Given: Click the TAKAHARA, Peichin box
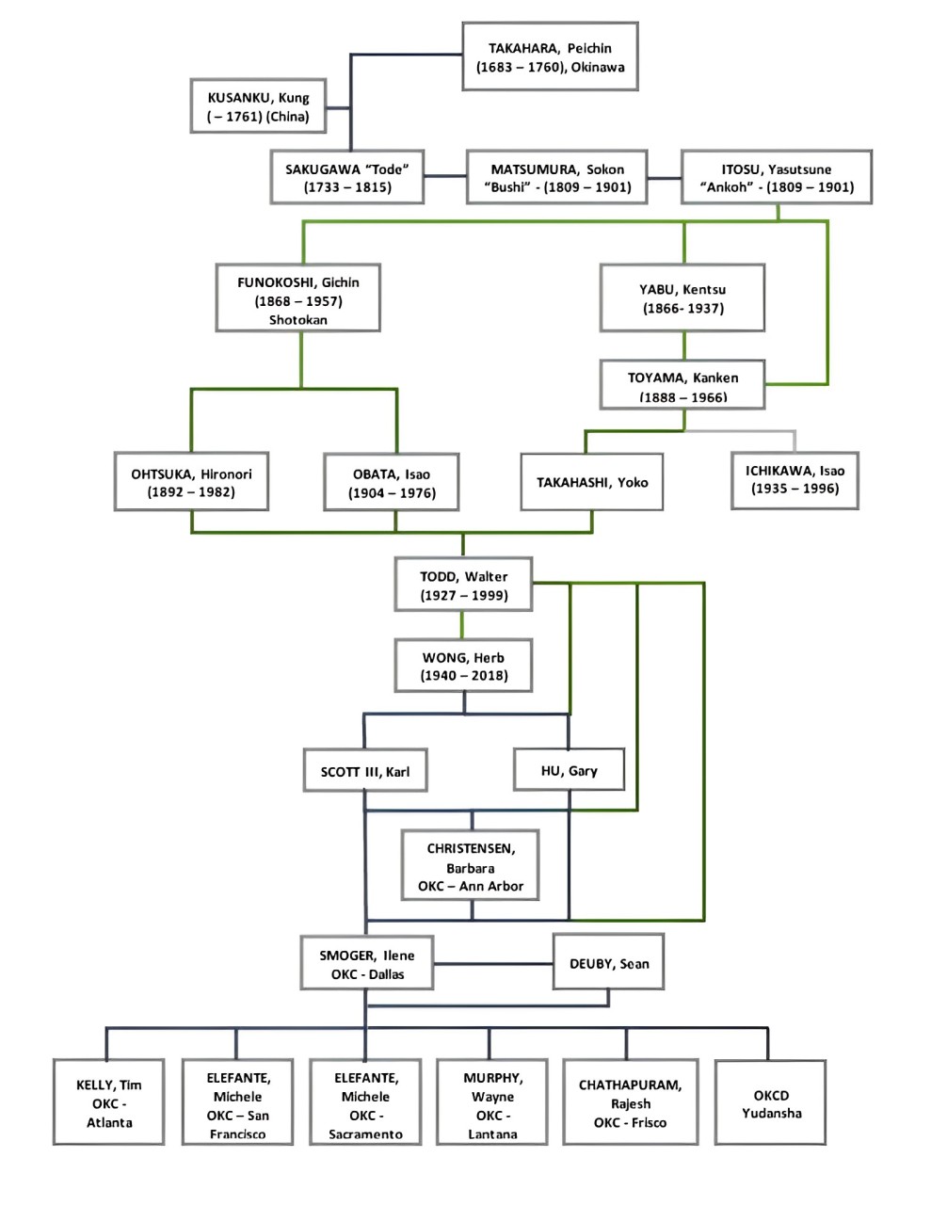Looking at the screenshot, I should (550, 57).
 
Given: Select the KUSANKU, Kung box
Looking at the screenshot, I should (258, 106).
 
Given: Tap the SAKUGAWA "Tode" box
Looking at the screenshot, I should (347, 177).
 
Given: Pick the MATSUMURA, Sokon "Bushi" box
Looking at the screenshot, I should (556, 177).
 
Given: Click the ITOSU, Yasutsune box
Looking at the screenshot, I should (777, 177).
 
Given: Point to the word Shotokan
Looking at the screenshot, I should (297, 320).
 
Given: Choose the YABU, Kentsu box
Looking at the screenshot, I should (682, 298).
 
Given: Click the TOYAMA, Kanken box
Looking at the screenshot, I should (682, 385).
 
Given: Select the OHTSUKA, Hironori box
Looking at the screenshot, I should (191, 482).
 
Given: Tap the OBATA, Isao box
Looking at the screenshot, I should (392, 483).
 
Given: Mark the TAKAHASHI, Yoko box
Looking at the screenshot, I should (591, 482).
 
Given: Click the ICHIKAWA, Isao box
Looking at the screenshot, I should (795, 479).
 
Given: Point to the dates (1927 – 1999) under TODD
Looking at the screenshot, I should (464, 595).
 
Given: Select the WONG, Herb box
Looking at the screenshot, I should (463, 667).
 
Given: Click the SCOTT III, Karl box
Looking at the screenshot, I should (364, 771).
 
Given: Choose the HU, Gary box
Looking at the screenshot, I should (569, 770).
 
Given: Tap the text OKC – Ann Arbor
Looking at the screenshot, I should (471, 886).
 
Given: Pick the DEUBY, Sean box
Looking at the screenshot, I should (608, 963).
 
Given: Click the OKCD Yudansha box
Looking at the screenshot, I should (770, 1103).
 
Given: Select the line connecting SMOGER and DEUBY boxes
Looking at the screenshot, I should (492, 964).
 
